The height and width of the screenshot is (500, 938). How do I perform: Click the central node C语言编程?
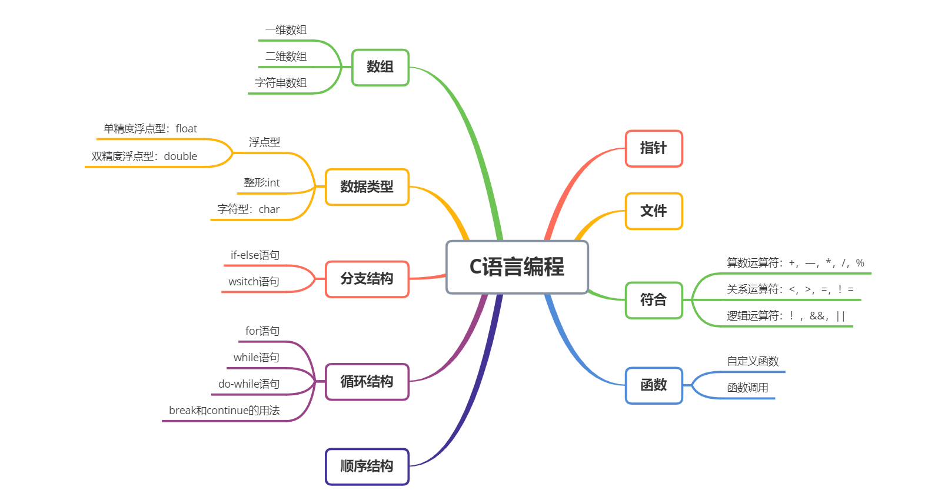(517, 267)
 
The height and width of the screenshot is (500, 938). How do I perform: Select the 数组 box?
(380, 67)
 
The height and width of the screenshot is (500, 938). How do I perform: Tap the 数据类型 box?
(367, 187)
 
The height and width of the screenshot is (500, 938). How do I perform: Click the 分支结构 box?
(367, 279)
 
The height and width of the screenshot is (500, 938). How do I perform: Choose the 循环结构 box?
(367, 382)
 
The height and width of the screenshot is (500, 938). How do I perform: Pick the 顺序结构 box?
(367, 466)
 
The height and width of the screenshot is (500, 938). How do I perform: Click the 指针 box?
(653, 148)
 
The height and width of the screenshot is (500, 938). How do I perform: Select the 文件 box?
(653, 211)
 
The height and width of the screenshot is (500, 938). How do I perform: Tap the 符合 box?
(653, 300)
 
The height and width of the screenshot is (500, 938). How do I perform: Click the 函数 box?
(653, 385)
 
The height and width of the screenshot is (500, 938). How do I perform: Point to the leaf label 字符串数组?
(281, 83)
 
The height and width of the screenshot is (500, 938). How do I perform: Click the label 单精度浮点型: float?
(150, 129)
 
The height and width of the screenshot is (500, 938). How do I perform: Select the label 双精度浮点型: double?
(144, 156)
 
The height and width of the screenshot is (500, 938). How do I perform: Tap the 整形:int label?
(262, 183)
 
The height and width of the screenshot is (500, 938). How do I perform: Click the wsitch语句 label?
(254, 282)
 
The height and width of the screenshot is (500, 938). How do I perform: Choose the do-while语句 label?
(249, 384)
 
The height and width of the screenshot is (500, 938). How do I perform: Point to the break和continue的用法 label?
(224, 411)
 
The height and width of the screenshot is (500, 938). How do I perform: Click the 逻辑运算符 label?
(786, 316)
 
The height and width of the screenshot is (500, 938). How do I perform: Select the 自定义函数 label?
(753, 361)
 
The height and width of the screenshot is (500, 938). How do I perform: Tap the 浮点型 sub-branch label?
(264, 142)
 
